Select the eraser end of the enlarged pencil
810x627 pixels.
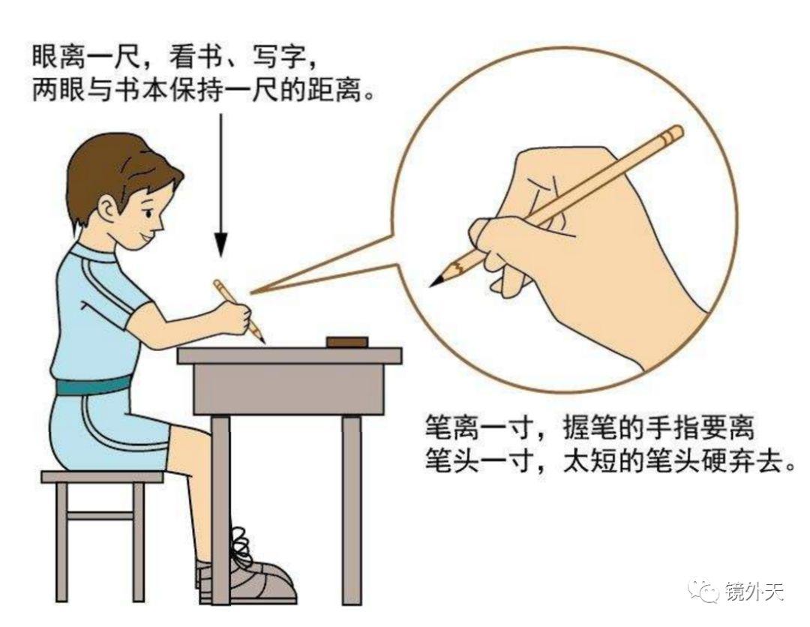click(674, 134)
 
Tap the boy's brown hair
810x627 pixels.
click(112, 169)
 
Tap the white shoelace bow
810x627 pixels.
click(238, 543)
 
